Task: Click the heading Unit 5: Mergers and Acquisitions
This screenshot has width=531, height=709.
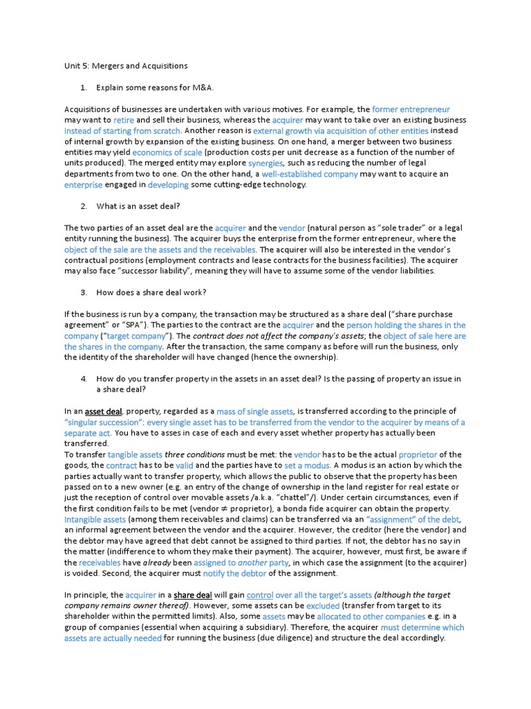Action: coord(126,66)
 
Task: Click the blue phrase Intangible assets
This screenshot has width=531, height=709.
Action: coord(95,519)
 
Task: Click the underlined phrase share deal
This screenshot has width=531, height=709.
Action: coord(193,595)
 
